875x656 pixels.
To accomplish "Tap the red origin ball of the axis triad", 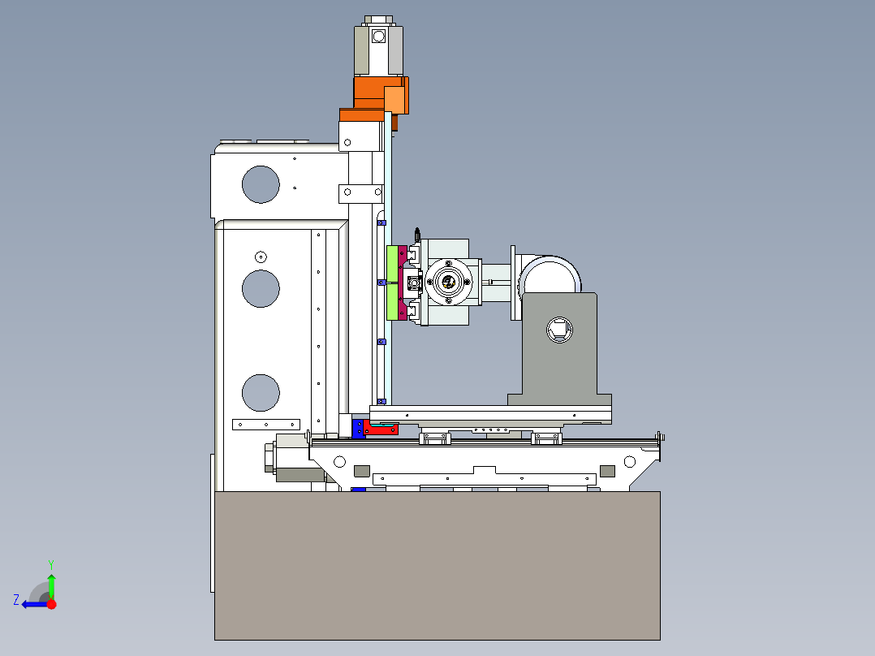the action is point(51,604).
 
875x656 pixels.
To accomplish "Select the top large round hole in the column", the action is point(261,184).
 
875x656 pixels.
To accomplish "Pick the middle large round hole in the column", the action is point(261,289).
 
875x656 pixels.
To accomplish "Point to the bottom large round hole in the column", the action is point(261,392).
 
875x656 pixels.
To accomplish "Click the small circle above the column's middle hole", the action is point(261,257).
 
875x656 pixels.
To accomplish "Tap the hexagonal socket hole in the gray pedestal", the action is point(559,330).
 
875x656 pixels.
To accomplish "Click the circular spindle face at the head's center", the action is point(448,282).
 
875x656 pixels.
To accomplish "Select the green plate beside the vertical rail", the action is point(392,283).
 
